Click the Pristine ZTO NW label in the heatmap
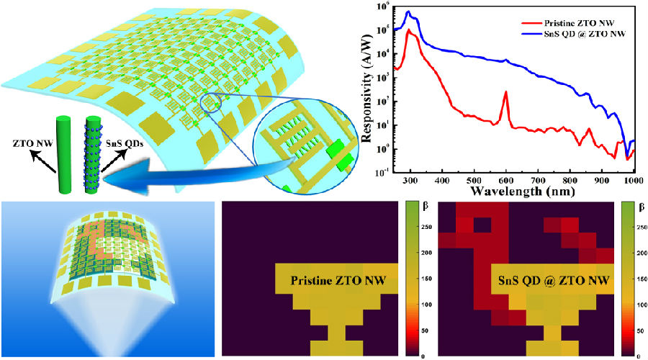335,280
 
